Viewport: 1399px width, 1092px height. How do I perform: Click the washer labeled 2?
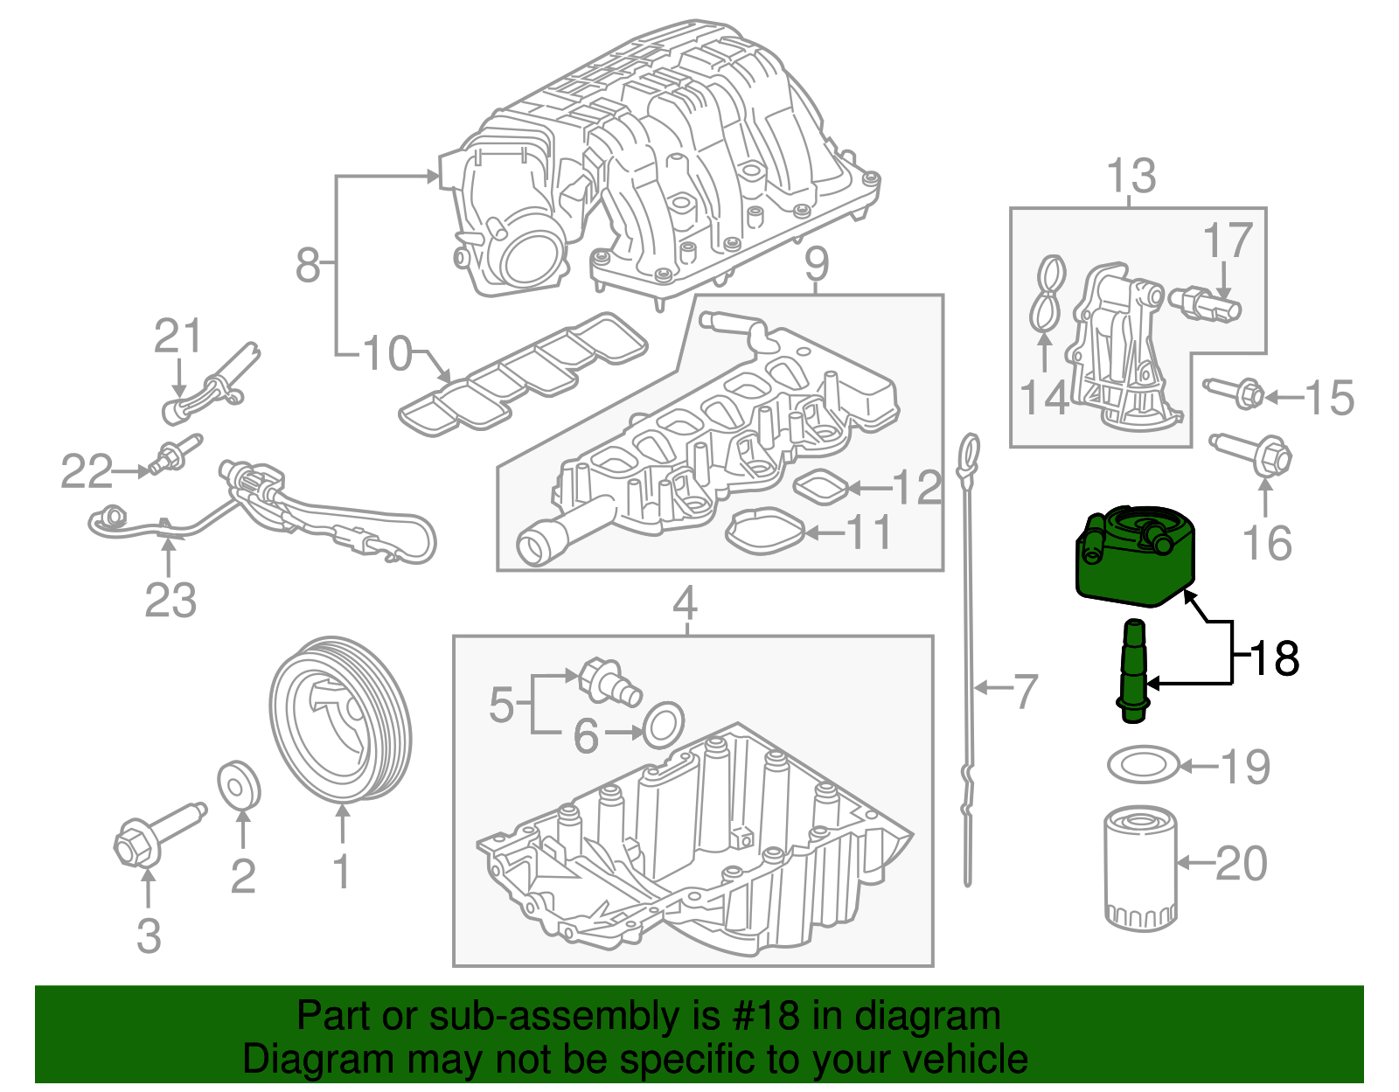point(238,783)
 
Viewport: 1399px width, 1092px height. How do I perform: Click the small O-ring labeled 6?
point(664,725)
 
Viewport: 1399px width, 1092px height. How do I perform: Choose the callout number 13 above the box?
point(1131,177)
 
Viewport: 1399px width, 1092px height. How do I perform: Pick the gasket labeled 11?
point(765,532)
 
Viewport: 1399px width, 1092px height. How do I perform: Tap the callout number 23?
point(170,600)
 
